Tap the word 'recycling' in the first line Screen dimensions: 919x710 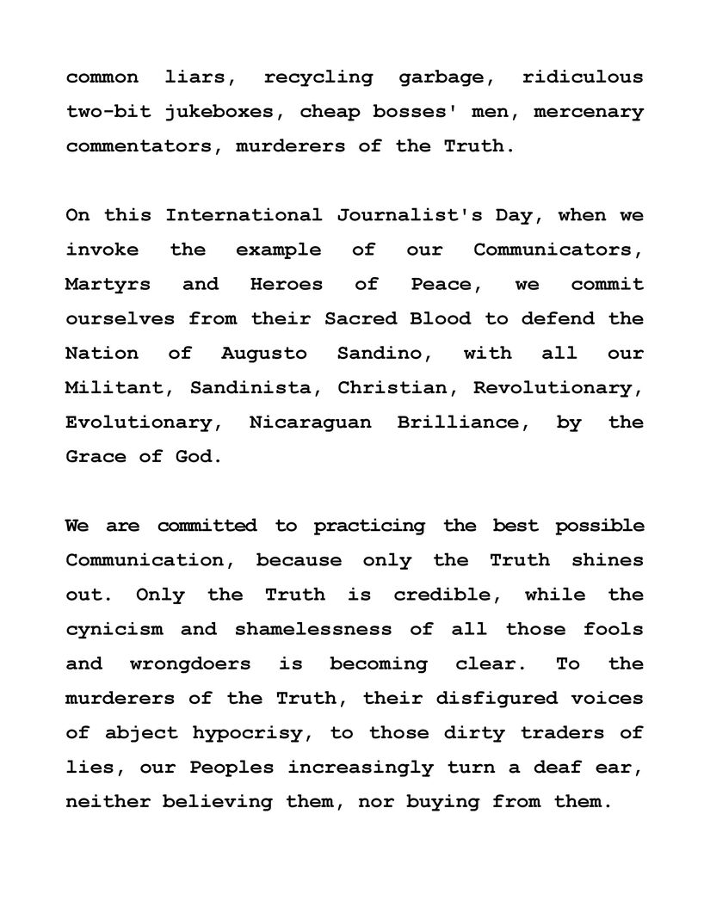pos(318,77)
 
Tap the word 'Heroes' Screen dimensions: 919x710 pos(287,284)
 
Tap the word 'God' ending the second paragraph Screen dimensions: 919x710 pos(197,457)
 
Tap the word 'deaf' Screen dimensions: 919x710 pos(540,767)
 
